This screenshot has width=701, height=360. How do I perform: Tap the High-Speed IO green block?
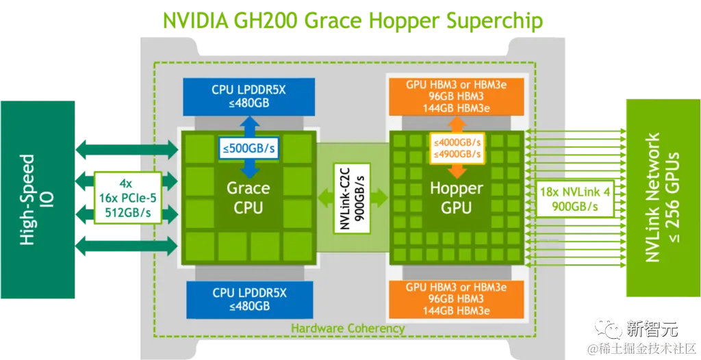point(35,199)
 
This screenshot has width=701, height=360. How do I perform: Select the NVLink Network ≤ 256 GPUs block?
point(662,198)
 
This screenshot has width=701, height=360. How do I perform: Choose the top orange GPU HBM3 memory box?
point(455,97)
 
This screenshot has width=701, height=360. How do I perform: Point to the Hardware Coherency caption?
point(348,329)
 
